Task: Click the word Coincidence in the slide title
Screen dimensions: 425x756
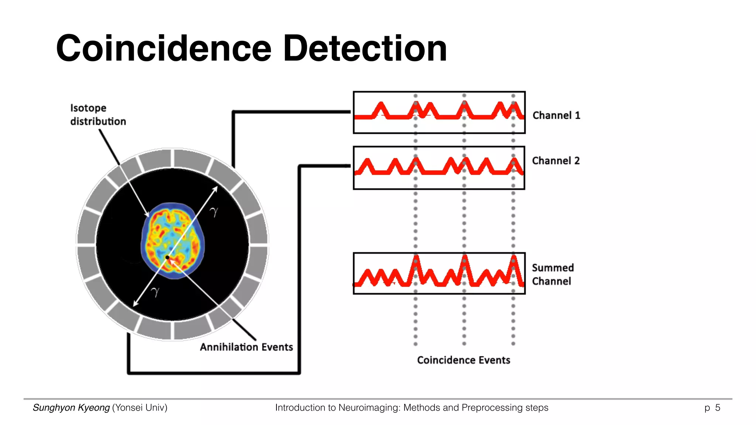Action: tap(164, 48)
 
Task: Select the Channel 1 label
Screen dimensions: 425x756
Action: tap(556, 115)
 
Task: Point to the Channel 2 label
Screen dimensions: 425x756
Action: tap(556, 161)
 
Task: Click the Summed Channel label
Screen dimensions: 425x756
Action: tap(553, 274)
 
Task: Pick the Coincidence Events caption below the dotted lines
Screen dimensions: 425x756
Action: tap(464, 360)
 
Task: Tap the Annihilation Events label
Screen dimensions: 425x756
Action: tap(246, 347)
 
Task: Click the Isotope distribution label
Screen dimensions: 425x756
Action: tap(98, 115)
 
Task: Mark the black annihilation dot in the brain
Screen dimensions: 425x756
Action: tap(167, 257)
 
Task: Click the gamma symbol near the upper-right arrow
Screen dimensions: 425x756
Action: tap(214, 212)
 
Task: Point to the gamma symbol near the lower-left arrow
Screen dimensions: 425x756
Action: tap(155, 292)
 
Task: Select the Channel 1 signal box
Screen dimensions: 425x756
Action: tap(439, 112)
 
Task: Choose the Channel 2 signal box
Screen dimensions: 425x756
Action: tap(439, 168)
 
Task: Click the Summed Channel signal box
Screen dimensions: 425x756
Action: tap(439, 273)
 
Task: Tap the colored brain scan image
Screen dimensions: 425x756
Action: tap(172, 240)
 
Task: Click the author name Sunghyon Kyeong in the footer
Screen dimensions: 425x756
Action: tap(71, 408)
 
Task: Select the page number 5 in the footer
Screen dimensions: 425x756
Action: tap(718, 408)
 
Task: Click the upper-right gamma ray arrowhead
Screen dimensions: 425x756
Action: tap(216, 189)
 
